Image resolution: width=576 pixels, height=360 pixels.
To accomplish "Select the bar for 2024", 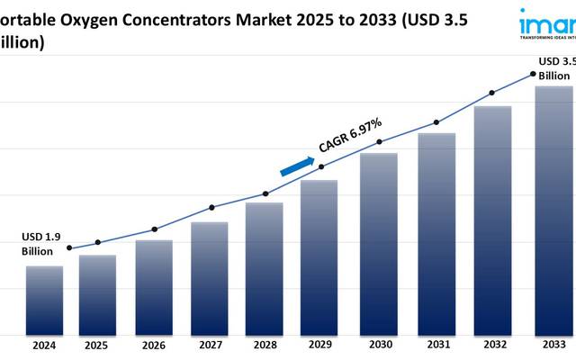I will click(44, 300).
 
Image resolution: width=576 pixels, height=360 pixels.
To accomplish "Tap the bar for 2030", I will click(379, 243).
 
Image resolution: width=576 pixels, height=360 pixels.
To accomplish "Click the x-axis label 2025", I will click(96, 345).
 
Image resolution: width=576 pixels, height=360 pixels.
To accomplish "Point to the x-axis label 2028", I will click(265, 345).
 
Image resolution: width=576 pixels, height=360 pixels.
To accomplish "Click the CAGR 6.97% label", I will click(350, 136).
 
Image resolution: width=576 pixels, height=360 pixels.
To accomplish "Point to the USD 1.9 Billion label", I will click(41, 244).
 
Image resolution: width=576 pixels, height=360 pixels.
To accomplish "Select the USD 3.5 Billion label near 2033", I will click(555, 68).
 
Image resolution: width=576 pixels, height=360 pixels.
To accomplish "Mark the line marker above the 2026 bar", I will click(154, 229).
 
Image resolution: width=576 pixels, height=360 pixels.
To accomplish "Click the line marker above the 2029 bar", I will click(322, 166).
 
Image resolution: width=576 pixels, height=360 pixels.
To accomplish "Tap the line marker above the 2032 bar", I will click(491, 92).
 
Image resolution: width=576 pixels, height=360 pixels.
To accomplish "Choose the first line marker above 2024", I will click(69, 248).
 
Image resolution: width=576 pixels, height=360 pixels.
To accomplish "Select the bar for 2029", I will click(319, 256).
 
